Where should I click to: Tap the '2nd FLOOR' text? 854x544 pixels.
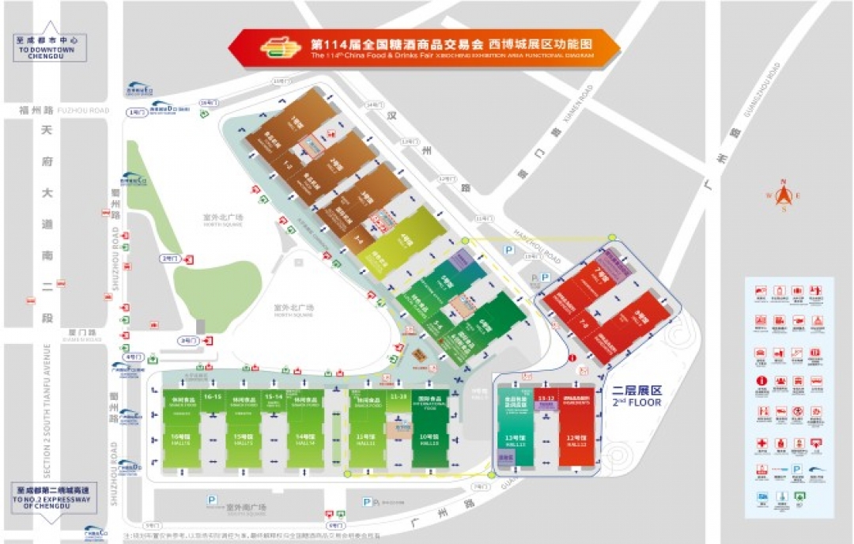[636, 402]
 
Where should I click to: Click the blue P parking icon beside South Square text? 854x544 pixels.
[211, 500]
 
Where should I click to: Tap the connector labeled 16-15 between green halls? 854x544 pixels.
[211, 395]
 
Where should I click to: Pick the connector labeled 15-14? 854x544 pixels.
[274, 395]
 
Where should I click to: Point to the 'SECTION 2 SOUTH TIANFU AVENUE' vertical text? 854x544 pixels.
[47, 411]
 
